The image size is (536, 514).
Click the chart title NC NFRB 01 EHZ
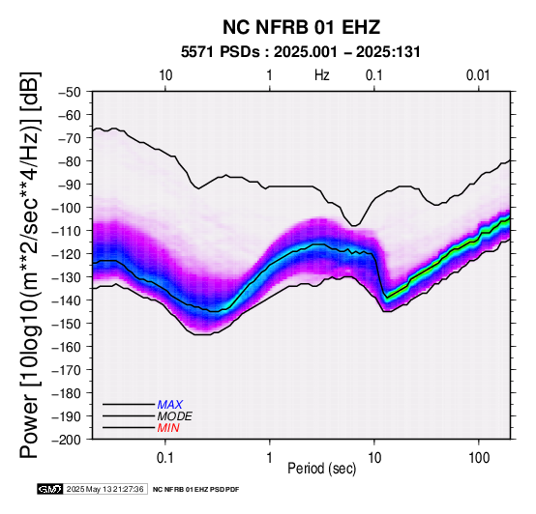coord(301,27)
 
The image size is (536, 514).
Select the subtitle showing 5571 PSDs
coord(300,52)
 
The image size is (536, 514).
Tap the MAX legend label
coord(170,405)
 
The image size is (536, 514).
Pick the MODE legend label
coord(175,416)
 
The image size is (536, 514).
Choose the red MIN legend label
coord(168,428)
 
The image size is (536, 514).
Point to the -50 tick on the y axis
coord(70,92)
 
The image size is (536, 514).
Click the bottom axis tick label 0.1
coord(165,458)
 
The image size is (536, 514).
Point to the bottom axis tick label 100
coord(479,458)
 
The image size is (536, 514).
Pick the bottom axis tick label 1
coord(270,458)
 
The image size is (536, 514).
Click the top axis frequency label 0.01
coord(478,75)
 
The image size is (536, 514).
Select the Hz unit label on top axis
coord(322,75)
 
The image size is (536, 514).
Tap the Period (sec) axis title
coord(321,469)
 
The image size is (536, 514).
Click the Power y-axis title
coord(29,265)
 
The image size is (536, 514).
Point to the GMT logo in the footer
coord(50,489)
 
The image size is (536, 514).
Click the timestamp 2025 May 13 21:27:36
coord(104,490)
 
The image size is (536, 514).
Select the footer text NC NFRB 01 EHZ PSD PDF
coord(195,490)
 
